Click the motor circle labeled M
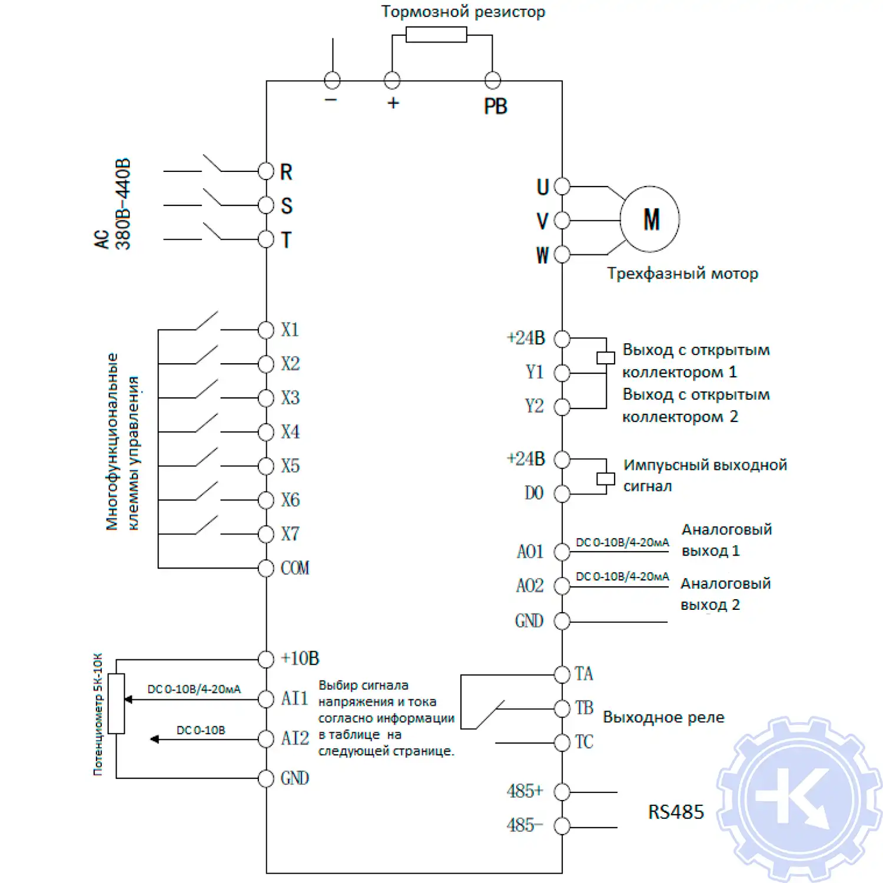650,219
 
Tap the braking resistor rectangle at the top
436,35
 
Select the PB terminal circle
492,80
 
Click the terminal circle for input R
266,171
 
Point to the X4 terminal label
290,432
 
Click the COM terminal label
295,568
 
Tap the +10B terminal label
300,658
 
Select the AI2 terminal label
295,738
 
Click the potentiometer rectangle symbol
117,703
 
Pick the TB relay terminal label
584,708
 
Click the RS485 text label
676,812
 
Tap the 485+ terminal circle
562,792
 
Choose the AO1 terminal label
530,552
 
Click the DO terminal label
534,493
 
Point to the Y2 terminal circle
562,407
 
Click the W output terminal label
542,255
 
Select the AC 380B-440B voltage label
113,204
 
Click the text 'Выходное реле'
663,718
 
